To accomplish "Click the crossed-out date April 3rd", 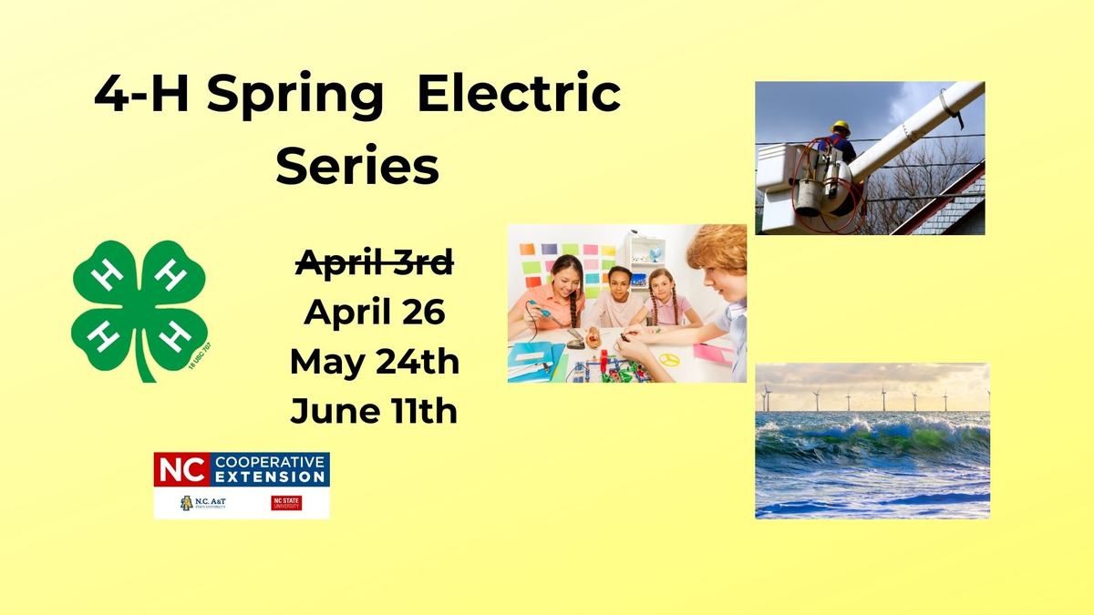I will [x=375, y=265].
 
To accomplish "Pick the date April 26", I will [x=375, y=313].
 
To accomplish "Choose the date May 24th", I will [x=375, y=362].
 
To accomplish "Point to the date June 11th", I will [x=375, y=411].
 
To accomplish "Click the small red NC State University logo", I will [x=286, y=503].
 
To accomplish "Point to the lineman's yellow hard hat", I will [x=841, y=128].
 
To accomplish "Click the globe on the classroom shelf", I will [x=654, y=254].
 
